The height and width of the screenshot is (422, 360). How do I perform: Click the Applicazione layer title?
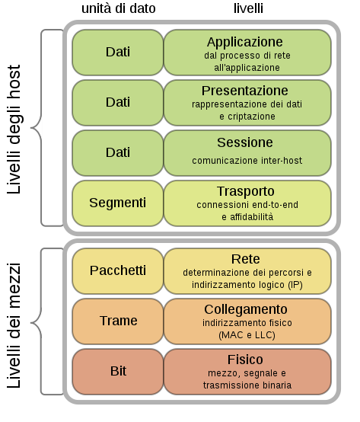point(245,42)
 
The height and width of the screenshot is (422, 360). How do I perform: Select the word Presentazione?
point(245,91)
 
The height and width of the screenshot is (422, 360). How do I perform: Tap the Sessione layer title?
point(245,142)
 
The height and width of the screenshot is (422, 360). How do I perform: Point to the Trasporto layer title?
point(245,191)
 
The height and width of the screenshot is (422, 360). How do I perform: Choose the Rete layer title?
point(245,259)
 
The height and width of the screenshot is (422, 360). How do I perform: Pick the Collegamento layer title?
point(245,309)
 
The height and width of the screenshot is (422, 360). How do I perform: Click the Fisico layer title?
point(245,360)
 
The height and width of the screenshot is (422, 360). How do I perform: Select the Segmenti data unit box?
point(118,203)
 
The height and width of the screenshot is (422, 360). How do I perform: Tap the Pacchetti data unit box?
point(118,270)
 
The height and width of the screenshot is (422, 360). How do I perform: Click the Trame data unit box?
point(118,321)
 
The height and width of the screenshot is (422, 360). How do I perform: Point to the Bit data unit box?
point(118,371)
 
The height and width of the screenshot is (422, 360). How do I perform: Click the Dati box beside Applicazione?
point(118,52)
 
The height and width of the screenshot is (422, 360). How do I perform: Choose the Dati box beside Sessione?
point(118,152)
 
